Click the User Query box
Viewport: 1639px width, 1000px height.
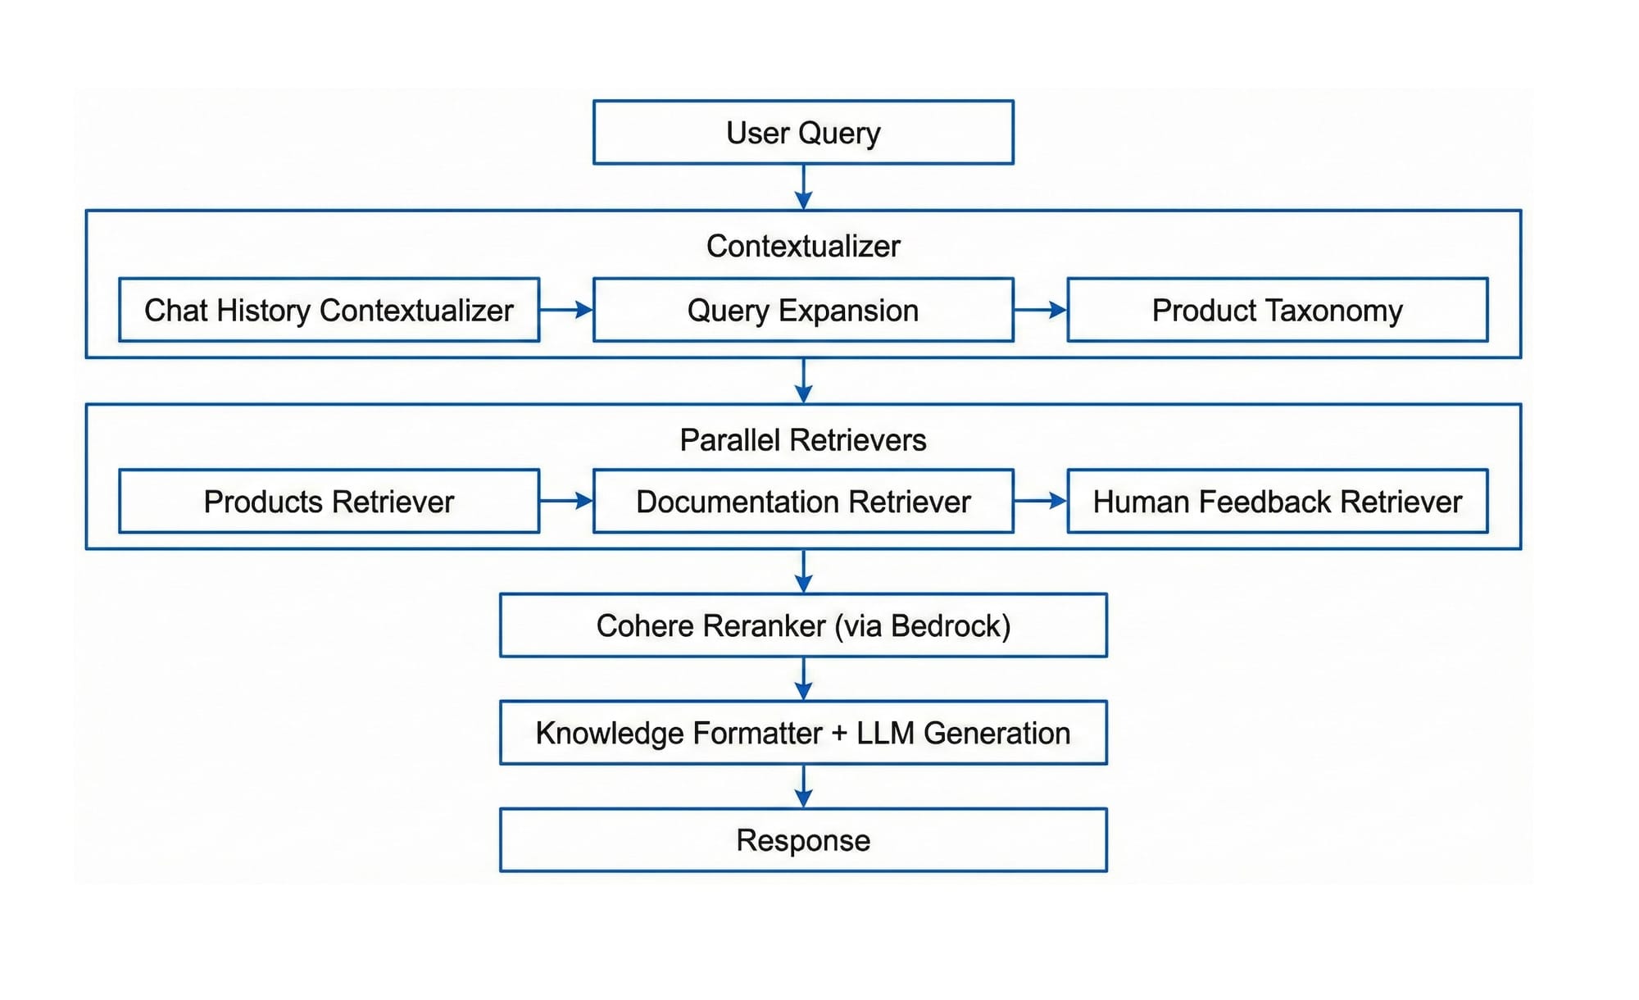pos(803,133)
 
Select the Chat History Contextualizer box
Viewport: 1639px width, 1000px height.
pos(329,311)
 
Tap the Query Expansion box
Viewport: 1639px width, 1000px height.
pos(803,311)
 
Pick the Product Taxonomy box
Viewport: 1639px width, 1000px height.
pos(1277,311)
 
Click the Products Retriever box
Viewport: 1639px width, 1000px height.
pos(329,502)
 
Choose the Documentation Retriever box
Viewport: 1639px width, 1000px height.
pos(803,502)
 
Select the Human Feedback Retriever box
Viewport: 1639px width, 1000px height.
pos(1277,502)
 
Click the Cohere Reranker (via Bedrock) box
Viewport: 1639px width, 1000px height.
pos(803,626)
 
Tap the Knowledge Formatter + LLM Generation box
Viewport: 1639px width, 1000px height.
pos(803,733)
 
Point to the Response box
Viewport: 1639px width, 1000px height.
pos(803,840)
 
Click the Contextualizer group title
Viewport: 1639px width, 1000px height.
pos(803,246)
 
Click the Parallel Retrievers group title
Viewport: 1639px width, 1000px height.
pos(803,440)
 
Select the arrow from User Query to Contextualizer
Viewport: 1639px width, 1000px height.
pos(803,187)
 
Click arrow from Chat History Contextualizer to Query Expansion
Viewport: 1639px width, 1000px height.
pos(566,310)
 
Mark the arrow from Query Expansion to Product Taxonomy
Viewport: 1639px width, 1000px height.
pos(1040,310)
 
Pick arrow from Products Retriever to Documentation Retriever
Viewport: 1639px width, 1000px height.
pos(566,501)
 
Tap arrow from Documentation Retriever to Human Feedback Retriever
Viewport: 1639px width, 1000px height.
pos(1040,501)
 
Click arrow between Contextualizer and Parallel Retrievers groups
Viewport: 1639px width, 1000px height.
pos(803,381)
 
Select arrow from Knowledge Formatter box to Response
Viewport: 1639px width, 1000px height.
pos(803,787)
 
